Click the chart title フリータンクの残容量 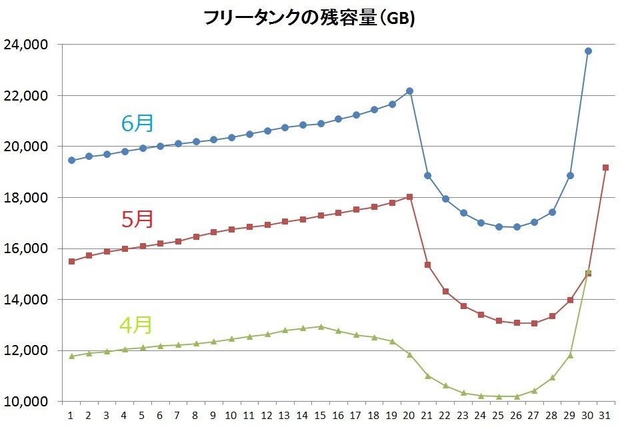pyautogui.click(x=310, y=19)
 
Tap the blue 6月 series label pyautogui.click(x=137, y=123)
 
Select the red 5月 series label pyautogui.click(x=138, y=218)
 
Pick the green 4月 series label pyautogui.click(x=136, y=324)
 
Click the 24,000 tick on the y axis pyautogui.click(x=25, y=45)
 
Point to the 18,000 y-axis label pyautogui.click(x=25, y=198)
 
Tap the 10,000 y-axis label pyautogui.click(x=25, y=402)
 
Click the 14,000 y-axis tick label pyautogui.click(x=25, y=300)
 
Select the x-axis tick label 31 pyautogui.click(x=605, y=415)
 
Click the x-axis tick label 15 pyautogui.click(x=321, y=415)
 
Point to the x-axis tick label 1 pyautogui.click(x=71, y=415)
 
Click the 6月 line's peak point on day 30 pyautogui.click(x=588, y=51)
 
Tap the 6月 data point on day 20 pyautogui.click(x=409, y=91)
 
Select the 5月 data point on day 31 pyautogui.click(x=605, y=167)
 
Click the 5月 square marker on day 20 pyautogui.click(x=409, y=197)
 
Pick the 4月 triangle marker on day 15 pyautogui.click(x=321, y=326)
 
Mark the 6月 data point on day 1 pyautogui.click(x=71, y=161)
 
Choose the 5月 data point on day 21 pyautogui.click(x=427, y=264)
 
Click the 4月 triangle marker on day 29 pyautogui.click(x=570, y=355)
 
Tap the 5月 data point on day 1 pyautogui.click(x=71, y=261)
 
